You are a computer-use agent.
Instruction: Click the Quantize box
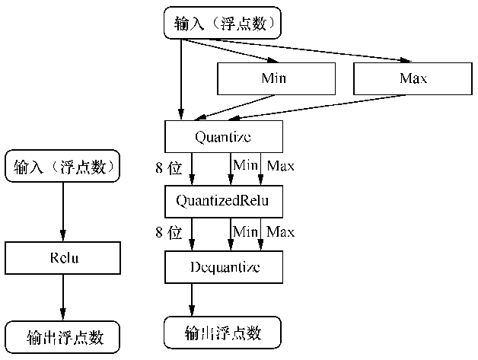click(x=223, y=137)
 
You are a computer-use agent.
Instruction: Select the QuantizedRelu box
click(x=223, y=202)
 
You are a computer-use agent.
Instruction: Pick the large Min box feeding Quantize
click(x=276, y=78)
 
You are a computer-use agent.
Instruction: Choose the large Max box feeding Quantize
click(x=413, y=78)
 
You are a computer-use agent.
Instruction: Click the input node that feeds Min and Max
click(x=222, y=23)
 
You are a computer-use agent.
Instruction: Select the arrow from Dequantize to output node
click(x=192, y=300)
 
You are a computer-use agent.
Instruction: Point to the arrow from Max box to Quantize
click(x=312, y=108)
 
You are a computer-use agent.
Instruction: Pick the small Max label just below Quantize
click(x=279, y=166)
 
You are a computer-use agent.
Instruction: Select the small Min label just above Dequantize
click(x=245, y=230)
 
